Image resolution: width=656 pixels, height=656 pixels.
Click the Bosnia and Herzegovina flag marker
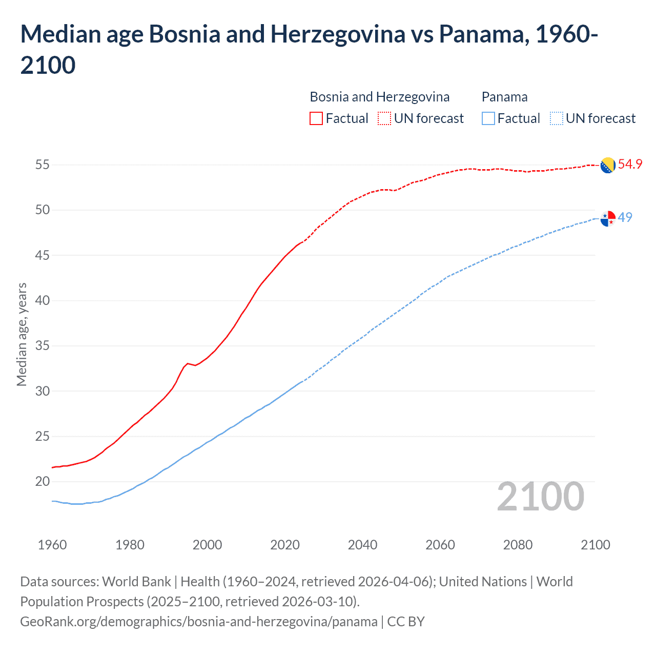[x=607, y=165]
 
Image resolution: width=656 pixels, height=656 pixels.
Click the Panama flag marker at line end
[x=607, y=218]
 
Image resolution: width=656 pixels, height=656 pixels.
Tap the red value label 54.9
[x=630, y=165]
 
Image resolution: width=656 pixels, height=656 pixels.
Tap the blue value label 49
[x=625, y=218]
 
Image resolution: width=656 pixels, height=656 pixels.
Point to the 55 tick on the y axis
[x=42, y=165]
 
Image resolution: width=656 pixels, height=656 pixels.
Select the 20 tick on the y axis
[x=42, y=482]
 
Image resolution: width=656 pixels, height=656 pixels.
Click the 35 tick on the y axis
[x=42, y=346]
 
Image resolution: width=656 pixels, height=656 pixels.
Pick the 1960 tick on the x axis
[x=52, y=545]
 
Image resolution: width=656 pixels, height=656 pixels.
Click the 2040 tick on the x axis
[x=362, y=545]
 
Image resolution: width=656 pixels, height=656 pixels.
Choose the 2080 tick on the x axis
[x=518, y=545]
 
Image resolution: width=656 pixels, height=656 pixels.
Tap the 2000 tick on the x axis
[x=207, y=545]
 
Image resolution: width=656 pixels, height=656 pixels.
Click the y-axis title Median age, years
[x=22, y=334]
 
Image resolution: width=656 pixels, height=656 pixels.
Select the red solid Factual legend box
[x=316, y=118]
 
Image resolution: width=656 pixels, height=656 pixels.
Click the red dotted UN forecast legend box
[x=384, y=118]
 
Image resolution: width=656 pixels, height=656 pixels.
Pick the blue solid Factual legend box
[x=488, y=118]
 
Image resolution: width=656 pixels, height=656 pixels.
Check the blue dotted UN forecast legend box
[x=556, y=118]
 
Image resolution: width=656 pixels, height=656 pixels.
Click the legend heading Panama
[x=504, y=97]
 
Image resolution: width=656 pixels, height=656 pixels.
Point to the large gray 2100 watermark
[x=540, y=497]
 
